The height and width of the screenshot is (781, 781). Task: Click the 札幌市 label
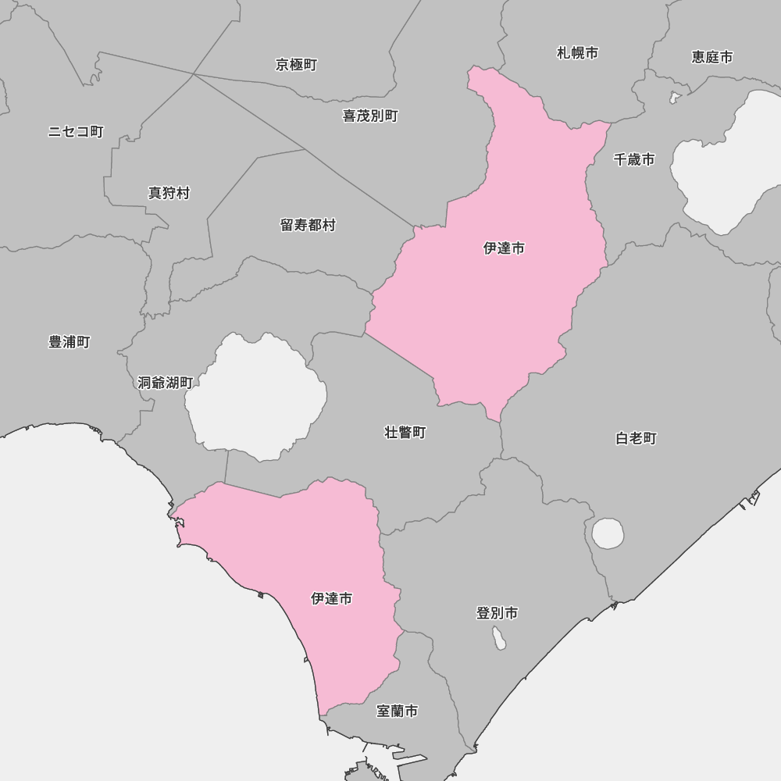[x=577, y=53]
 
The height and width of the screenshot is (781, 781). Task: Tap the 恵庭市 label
[x=712, y=57]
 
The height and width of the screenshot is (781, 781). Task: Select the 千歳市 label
[x=634, y=159]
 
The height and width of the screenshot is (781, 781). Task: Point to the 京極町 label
[x=296, y=65]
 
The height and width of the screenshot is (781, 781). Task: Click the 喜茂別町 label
[x=370, y=116]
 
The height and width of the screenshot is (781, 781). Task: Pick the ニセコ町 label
[x=76, y=131]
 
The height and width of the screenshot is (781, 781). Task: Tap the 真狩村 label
[x=169, y=192]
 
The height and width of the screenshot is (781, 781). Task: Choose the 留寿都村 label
[x=308, y=225]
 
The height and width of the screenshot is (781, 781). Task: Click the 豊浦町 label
[x=70, y=342]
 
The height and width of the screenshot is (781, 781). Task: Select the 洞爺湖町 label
[x=165, y=383]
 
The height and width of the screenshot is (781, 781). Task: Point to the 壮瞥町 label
[x=405, y=432]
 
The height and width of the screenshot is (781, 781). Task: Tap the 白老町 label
[x=637, y=438]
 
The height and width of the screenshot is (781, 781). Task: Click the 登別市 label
[x=497, y=613]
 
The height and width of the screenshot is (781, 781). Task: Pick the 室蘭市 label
[x=397, y=711]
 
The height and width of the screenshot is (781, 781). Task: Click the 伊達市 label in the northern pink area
[x=504, y=248]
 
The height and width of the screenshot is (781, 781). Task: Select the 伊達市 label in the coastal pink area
[x=331, y=598]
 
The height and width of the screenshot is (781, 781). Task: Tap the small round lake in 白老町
[x=608, y=534]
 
